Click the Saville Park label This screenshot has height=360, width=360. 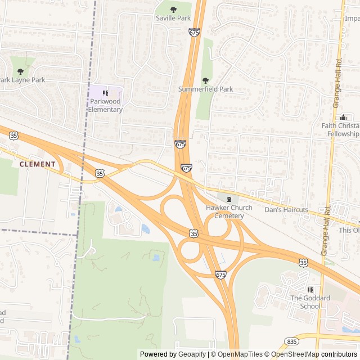click(173, 18)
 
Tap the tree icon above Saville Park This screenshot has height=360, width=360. click(173, 9)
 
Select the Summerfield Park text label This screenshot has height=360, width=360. click(205, 89)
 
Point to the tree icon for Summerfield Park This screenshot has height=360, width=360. click(205, 80)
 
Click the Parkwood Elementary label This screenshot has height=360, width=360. click(105, 105)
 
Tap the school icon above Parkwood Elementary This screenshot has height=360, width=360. click(105, 93)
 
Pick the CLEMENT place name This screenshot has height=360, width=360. click(38, 164)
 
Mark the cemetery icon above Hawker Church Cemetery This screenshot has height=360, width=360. click(228, 199)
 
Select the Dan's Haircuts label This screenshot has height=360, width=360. click(286, 210)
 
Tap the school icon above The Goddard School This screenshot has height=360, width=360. click(309, 289)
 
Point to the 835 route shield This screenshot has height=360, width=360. click(291, 341)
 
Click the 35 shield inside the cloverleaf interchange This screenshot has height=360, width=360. click(194, 232)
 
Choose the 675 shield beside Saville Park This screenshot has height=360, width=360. click(194, 33)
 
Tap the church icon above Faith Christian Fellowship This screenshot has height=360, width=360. click(343, 117)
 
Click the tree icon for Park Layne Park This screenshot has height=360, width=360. click(21, 71)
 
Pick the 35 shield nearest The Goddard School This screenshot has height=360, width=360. click(303, 263)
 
